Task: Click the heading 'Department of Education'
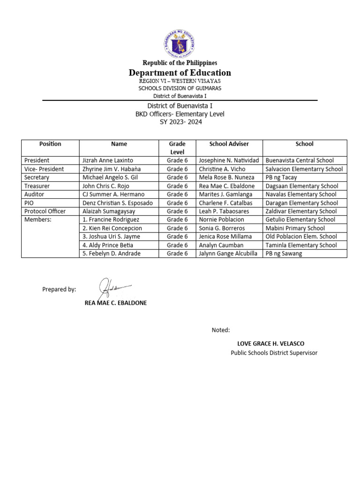180,73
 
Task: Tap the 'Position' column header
50,144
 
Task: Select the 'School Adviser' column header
229,144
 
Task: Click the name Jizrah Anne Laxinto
108,160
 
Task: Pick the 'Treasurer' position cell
37,186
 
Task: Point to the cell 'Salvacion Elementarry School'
304,169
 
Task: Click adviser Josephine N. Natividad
229,160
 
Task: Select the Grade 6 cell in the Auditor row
177,194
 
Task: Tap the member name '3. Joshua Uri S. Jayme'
111,237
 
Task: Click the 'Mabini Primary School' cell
295,228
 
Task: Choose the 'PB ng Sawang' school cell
284,254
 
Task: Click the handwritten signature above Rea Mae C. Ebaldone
113,287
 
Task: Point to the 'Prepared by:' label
59,290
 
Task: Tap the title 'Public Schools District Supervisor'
274,352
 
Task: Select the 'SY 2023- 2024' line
180,122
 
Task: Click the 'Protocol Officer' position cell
45,211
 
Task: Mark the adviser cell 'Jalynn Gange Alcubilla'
228,254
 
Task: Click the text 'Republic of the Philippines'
180,63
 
